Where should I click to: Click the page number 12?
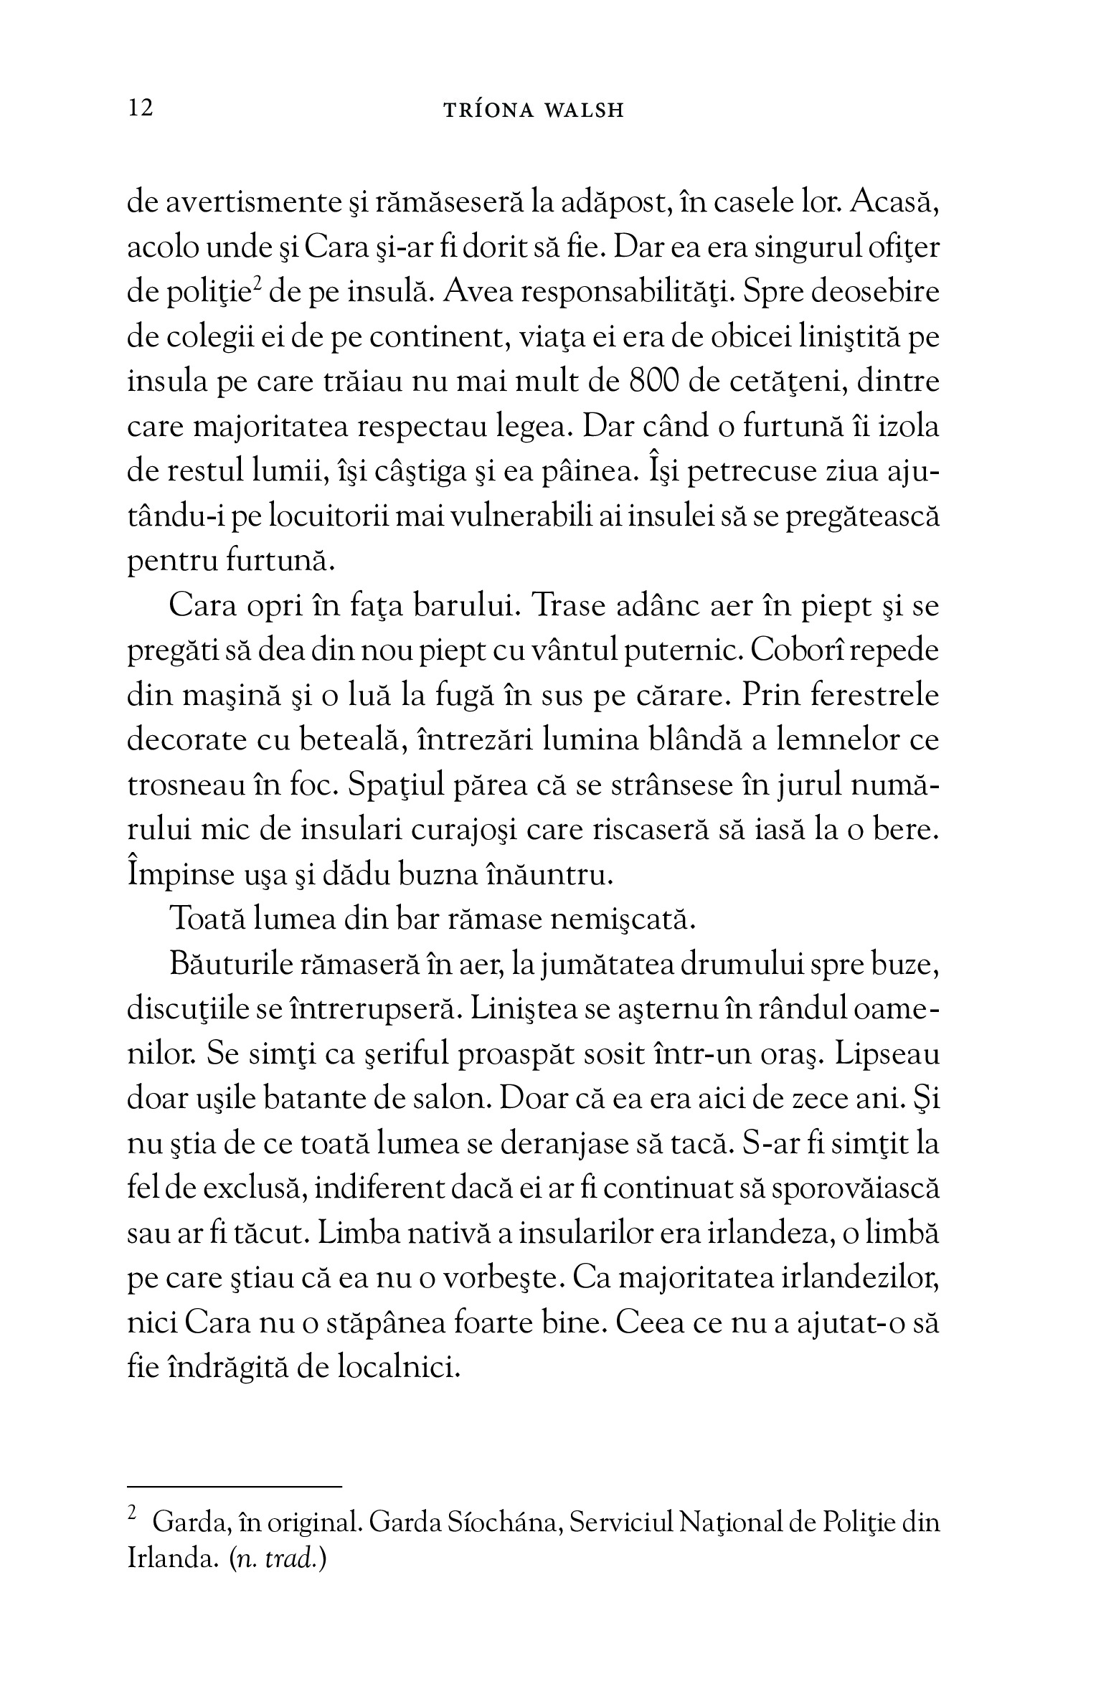(x=140, y=109)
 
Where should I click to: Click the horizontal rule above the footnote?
(x=235, y=1488)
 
